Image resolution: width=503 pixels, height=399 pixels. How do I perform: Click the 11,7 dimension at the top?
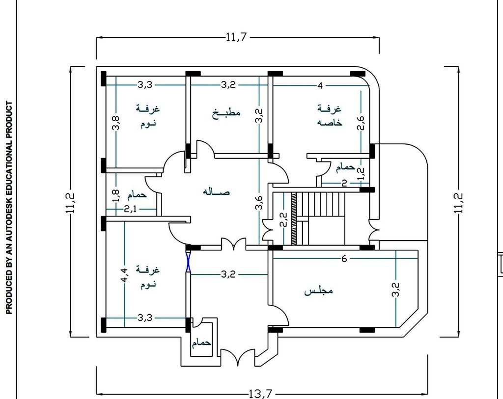click(236, 37)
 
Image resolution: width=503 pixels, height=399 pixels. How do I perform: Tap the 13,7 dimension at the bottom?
click(261, 394)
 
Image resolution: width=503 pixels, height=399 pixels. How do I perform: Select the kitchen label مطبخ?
click(226, 113)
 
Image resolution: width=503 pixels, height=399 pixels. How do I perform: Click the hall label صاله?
click(216, 192)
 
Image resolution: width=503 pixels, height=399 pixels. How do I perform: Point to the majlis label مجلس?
click(318, 291)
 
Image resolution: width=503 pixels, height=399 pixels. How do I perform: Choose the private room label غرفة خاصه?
click(330, 115)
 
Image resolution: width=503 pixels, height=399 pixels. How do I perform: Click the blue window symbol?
click(188, 262)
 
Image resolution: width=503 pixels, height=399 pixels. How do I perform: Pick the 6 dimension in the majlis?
click(344, 259)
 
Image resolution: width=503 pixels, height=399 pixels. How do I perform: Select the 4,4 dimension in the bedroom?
click(124, 275)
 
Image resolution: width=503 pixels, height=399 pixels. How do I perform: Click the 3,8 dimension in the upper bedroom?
click(116, 123)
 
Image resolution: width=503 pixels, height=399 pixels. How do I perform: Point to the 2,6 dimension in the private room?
click(361, 123)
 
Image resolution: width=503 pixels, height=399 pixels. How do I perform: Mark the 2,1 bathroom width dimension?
click(130, 209)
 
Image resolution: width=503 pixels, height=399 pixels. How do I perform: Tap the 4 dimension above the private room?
click(320, 85)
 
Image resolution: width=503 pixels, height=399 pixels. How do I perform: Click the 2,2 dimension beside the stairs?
click(283, 220)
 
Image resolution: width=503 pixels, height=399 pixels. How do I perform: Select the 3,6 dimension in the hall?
click(259, 203)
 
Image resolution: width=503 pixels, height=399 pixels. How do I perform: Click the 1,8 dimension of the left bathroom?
click(116, 196)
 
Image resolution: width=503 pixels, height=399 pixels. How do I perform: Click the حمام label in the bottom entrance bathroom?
click(201, 343)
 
